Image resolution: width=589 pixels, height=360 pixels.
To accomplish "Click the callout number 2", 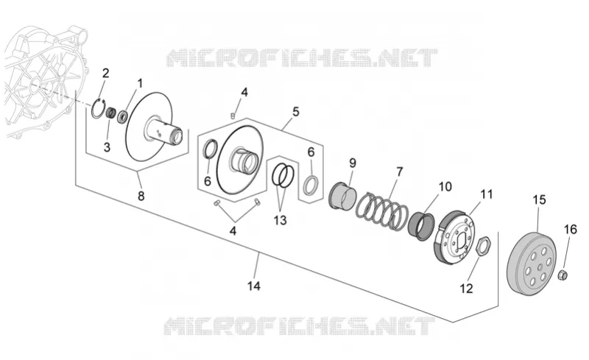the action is pos(105,73).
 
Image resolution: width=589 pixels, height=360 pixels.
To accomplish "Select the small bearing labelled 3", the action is pos(111,113).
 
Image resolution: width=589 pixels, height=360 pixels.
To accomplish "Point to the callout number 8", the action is pos(141,196).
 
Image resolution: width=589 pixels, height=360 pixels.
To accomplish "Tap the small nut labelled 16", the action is pos(562,275).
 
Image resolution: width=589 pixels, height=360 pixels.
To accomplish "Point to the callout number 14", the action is pos(254,286).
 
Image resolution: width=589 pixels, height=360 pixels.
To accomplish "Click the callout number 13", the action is pos(281,220).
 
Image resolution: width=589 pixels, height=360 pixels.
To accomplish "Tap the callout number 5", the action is pos(296,112).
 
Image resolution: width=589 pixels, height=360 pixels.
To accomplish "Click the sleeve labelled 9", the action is pos(342,194).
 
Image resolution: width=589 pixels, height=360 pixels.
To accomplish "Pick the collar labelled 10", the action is pos(420,225).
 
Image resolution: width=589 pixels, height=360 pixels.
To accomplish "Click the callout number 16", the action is pos(571,229).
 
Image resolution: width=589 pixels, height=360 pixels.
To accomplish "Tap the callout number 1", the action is pos(140,83).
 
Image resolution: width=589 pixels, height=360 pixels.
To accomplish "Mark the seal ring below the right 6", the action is pos(311,185).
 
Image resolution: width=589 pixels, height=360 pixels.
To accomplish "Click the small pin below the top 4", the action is pos(233,114).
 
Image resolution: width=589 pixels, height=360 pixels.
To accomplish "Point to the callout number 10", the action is pos(445,186).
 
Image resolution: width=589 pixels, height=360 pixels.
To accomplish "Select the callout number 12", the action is pos(466,289).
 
